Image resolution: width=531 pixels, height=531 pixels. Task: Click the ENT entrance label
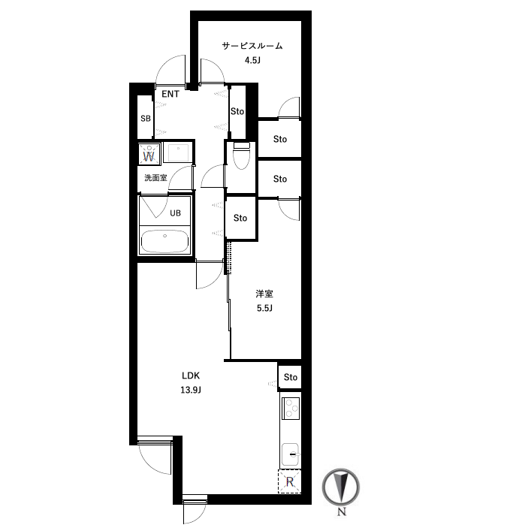click(170, 94)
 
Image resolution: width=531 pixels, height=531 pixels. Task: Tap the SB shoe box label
click(146, 119)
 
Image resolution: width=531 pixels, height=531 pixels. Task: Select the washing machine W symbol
click(149, 153)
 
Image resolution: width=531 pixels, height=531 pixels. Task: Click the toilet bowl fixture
click(241, 155)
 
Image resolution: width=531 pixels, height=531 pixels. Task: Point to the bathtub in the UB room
click(164, 241)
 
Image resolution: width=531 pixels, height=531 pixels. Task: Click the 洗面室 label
click(155, 178)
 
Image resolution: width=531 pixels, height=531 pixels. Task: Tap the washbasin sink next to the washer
click(178, 152)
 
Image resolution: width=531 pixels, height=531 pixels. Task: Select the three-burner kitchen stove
click(291, 408)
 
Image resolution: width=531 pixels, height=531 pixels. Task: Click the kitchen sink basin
click(290, 454)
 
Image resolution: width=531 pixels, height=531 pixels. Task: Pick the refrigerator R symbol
click(290, 481)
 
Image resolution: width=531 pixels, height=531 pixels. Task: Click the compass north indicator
click(341, 487)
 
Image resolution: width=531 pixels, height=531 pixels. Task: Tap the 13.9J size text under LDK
click(191, 390)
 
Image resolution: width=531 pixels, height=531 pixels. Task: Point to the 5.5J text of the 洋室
click(264, 308)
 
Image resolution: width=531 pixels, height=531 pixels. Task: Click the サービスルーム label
click(252, 46)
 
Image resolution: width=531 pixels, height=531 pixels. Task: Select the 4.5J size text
click(252, 61)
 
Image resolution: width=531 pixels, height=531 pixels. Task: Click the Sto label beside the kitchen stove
click(291, 377)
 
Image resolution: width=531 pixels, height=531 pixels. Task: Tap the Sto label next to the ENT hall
click(237, 111)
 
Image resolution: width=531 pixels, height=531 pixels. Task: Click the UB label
click(176, 213)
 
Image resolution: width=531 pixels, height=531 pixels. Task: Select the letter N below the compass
click(342, 511)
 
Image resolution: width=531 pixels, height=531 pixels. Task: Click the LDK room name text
click(191, 376)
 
